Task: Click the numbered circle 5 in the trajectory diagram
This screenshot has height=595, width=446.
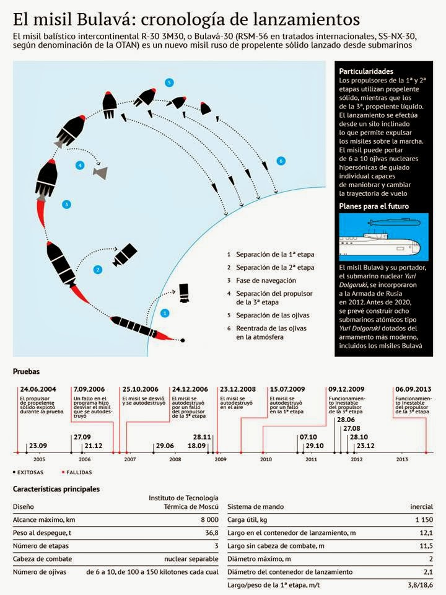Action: [169, 82]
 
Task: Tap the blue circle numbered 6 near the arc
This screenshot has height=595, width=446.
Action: [281, 161]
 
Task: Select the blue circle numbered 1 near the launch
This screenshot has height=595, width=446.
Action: [165, 314]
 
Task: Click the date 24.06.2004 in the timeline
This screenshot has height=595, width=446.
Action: [38, 389]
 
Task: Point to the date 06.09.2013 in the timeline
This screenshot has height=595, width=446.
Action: [411, 389]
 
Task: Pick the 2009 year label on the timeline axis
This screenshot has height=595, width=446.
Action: [221, 459]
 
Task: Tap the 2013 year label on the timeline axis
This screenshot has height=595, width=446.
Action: [401, 459]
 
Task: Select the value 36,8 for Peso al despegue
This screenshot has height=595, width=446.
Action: [210, 532]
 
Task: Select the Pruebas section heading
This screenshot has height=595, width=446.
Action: [26, 372]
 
